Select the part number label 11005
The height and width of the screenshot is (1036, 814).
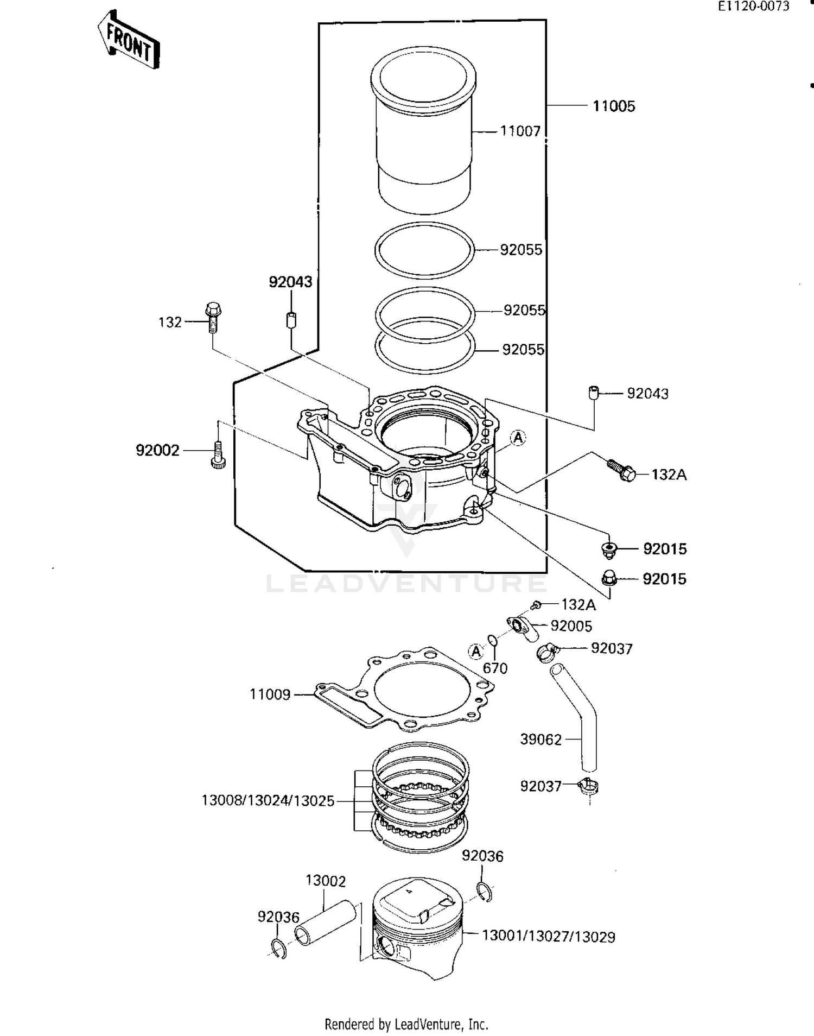[x=613, y=106]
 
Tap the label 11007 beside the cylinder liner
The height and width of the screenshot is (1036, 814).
[x=520, y=131]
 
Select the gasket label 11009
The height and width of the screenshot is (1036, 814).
[x=270, y=694]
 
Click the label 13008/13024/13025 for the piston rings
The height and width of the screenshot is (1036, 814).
[x=268, y=801]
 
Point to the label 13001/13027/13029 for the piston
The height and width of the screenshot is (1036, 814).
[x=548, y=937]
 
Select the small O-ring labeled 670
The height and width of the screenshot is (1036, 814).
[x=493, y=642]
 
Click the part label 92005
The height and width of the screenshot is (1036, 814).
[x=571, y=626]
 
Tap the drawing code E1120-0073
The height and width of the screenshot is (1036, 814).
[x=753, y=7]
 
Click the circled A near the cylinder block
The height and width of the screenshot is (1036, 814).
[x=518, y=438]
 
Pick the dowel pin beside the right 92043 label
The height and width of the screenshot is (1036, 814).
[x=593, y=392]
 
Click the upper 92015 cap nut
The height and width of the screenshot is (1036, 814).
[x=609, y=549]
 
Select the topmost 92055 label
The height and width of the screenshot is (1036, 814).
[x=520, y=250]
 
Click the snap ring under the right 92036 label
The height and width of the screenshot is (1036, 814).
[x=485, y=891]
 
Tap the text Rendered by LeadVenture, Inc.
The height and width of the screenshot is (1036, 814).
[x=406, y=1024]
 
